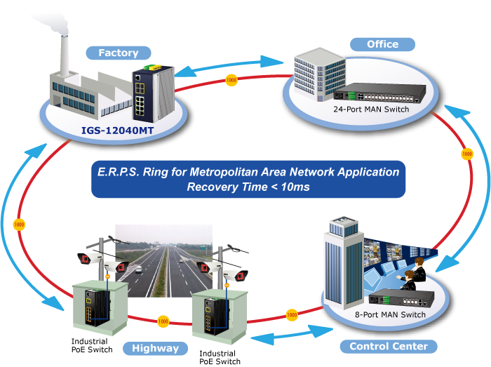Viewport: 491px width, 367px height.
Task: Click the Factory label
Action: click(x=118, y=53)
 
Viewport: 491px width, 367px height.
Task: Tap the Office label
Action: click(x=382, y=44)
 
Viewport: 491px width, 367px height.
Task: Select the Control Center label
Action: click(x=388, y=346)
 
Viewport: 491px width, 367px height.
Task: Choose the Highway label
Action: click(x=155, y=348)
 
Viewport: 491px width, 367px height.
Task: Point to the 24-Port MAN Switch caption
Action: click(x=371, y=109)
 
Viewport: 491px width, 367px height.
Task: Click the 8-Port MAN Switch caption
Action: click(x=390, y=314)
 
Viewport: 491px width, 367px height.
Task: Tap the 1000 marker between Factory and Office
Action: click(x=231, y=80)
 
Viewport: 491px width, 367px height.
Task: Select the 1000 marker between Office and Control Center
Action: click(x=466, y=154)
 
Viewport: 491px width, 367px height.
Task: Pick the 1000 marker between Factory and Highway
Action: click(x=19, y=225)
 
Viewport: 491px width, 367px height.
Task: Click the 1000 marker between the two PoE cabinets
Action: click(x=163, y=321)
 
